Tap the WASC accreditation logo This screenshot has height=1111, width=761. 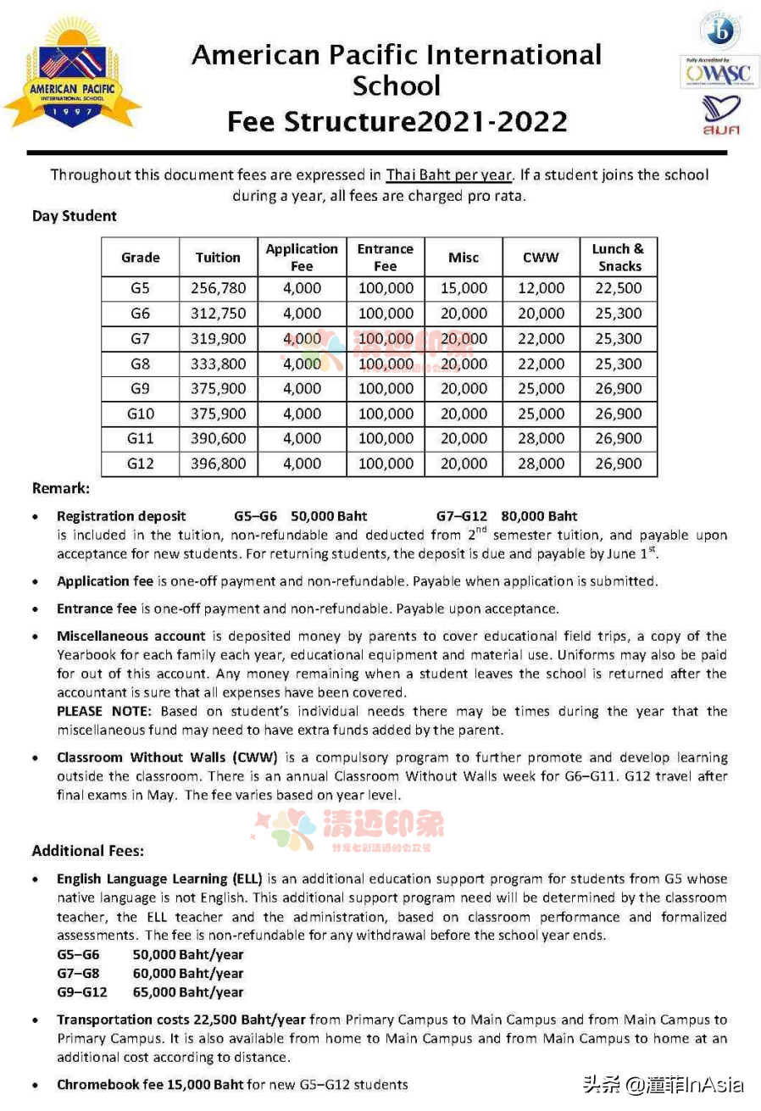pos(719,73)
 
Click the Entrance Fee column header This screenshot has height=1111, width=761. pos(386,257)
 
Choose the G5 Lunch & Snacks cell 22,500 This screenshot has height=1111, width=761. pos(619,288)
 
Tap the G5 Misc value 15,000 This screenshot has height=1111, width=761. pos(464,288)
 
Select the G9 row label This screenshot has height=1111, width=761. pos(141,388)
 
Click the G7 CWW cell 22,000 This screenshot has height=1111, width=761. pos(541,338)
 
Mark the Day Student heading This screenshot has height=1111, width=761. pos(75,216)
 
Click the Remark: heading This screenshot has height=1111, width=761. pos(60,489)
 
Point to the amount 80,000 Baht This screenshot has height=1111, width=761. pos(539,515)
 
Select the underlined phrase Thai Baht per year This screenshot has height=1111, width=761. pos(449,175)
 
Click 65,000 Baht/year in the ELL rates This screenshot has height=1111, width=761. pos(188,992)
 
